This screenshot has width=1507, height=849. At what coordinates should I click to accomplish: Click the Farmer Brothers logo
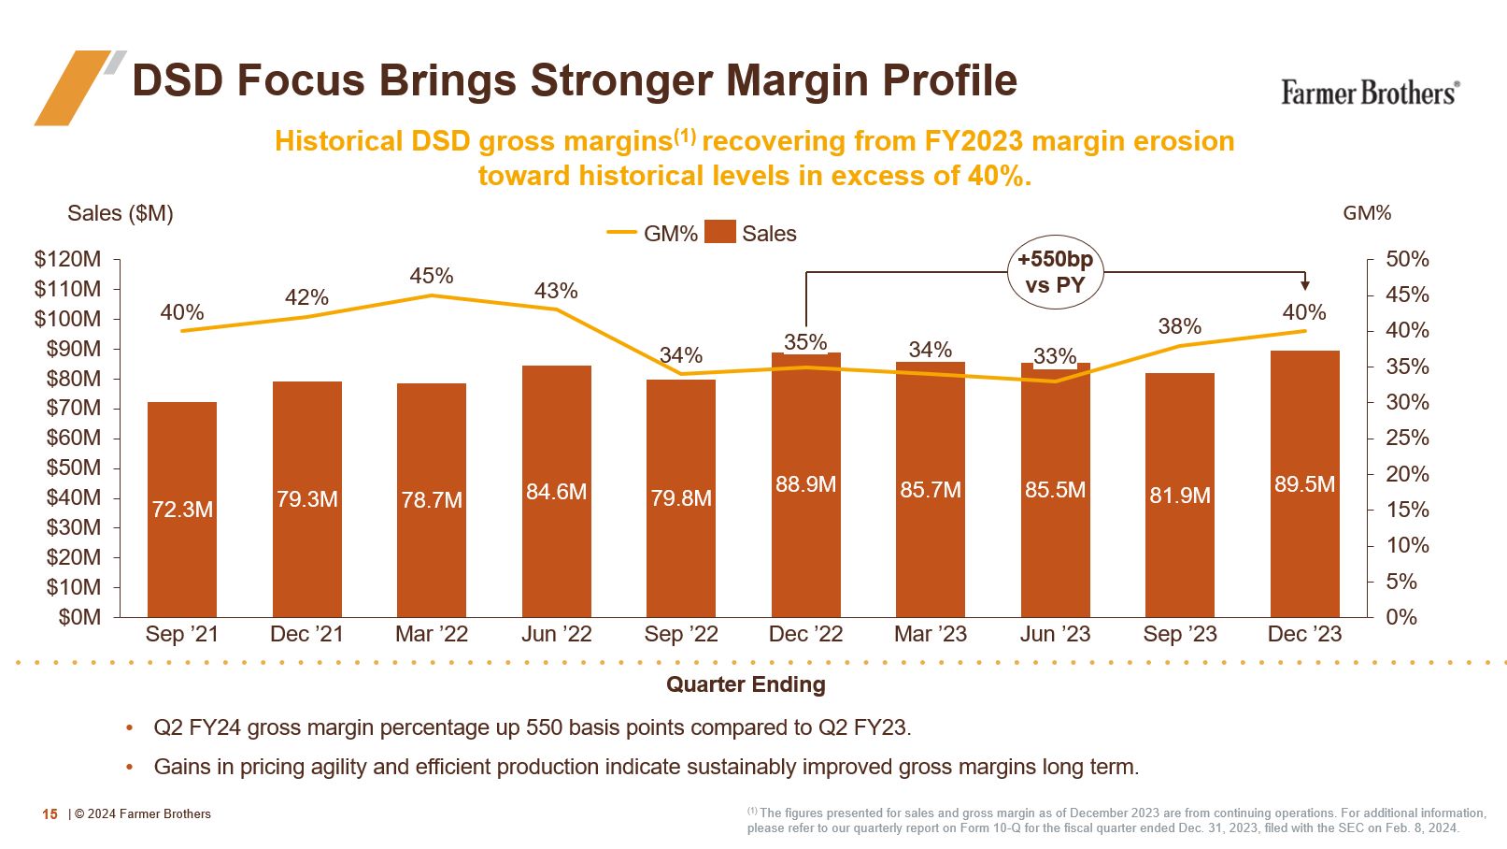click(x=1369, y=93)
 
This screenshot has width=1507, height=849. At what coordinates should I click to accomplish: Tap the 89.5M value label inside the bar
click(x=1304, y=484)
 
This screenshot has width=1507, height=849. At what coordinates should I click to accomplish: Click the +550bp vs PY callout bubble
click(x=1055, y=272)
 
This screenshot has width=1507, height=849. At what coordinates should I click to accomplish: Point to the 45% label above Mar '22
click(x=432, y=276)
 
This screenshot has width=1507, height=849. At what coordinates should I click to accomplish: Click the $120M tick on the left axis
click(x=67, y=259)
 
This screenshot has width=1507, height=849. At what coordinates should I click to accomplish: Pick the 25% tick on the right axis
click(x=1407, y=438)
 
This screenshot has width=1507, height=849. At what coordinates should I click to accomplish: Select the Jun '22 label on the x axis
click(x=556, y=634)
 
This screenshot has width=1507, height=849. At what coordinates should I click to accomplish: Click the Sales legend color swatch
click(x=719, y=232)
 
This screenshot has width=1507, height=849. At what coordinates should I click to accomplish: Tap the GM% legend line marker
click(x=621, y=233)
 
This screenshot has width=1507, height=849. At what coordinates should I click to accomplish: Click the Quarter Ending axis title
click(x=746, y=684)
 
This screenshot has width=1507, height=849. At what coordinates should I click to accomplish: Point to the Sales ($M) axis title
click(x=121, y=213)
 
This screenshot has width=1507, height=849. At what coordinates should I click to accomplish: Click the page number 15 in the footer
click(x=50, y=814)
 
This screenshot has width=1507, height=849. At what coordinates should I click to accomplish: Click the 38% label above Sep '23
click(x=1179, y=326)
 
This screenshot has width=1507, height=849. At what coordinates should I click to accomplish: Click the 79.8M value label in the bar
click(x=681, y=498)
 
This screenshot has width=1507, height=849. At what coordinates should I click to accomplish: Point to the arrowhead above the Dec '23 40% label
click(x=1305, y=285)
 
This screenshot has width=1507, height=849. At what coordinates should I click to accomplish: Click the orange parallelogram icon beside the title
click(x=73, y=87)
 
